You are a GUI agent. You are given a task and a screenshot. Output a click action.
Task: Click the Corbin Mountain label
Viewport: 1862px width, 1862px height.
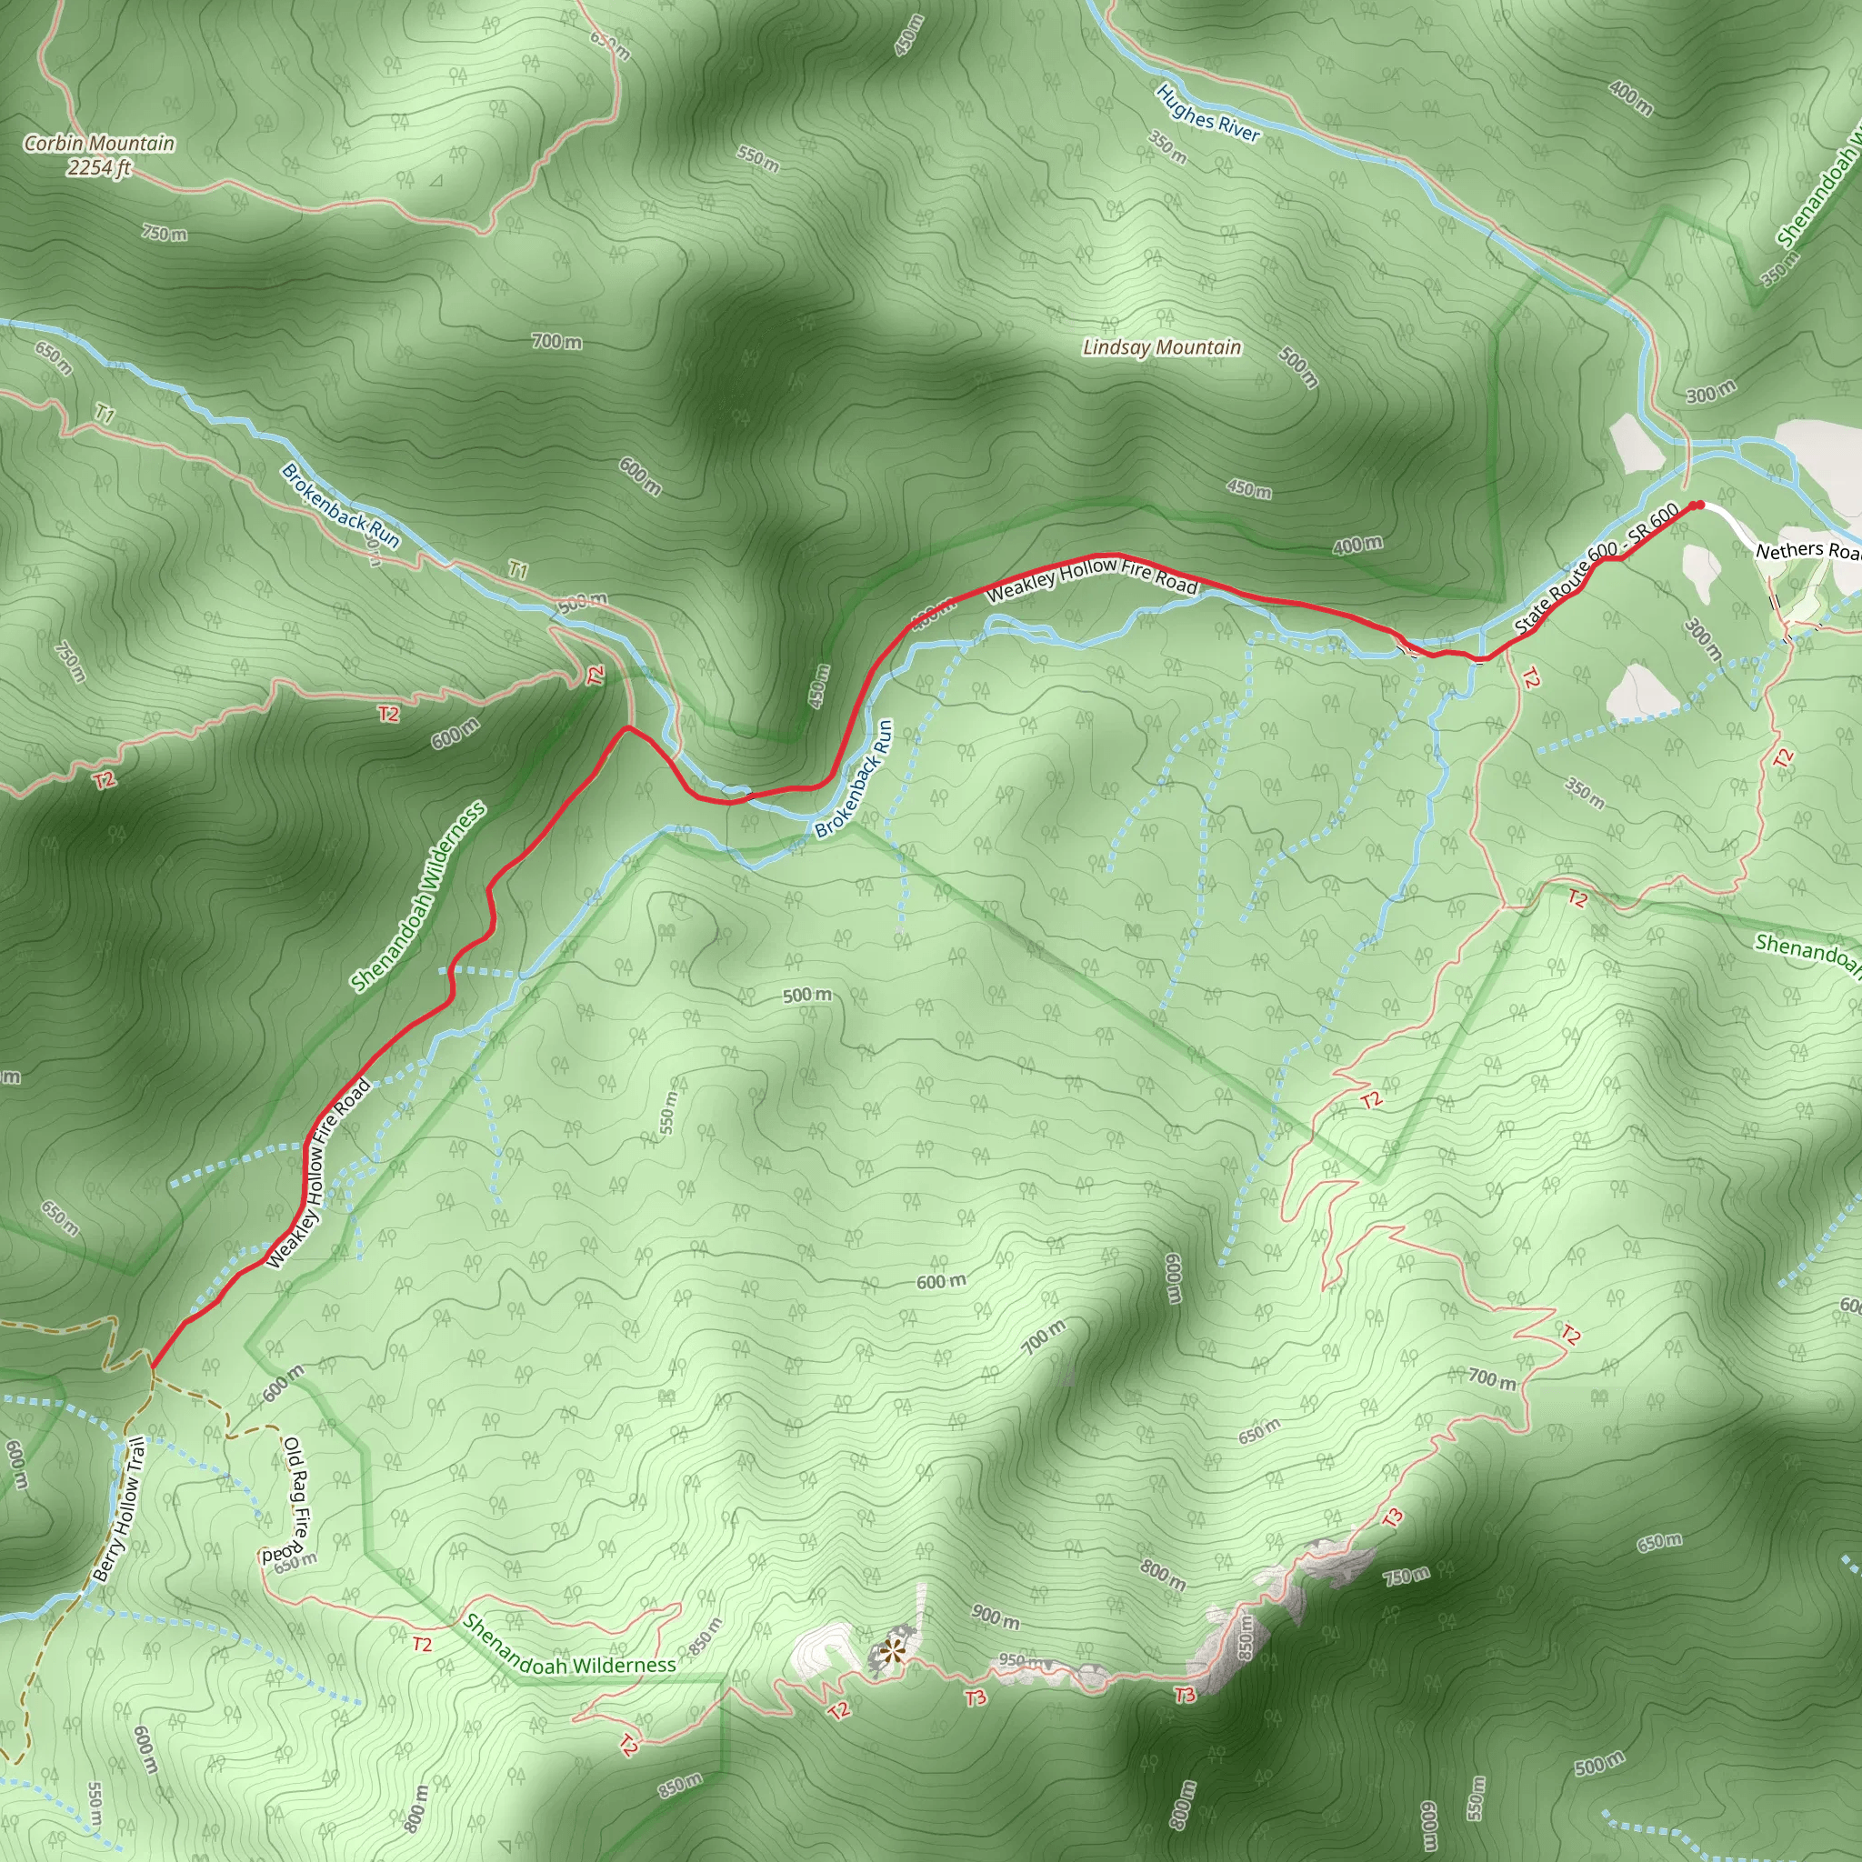[x=99, y=144]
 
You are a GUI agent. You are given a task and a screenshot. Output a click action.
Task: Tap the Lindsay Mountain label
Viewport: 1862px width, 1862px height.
[x=1161, y=347]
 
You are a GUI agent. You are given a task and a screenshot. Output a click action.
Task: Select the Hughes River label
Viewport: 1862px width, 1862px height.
[x=1207, y=114]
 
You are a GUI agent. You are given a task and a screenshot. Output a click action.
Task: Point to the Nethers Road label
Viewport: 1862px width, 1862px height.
[x=1807, y=550]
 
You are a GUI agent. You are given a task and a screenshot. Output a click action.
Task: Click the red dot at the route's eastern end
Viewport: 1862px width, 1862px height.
[x=1699, y=505]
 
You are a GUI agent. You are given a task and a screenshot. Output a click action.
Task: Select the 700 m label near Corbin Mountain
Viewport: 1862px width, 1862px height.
[x=556, y=341]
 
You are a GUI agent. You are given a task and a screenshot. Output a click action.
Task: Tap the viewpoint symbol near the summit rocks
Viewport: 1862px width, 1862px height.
[x=893, y=1651]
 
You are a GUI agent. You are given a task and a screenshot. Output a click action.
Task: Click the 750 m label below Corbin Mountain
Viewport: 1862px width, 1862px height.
[x=164, y=234]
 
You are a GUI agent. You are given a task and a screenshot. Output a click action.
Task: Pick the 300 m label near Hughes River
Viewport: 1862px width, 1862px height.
[x=1711, y=391]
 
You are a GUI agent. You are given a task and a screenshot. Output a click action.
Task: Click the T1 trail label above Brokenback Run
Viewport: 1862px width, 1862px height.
[x=517, y=571]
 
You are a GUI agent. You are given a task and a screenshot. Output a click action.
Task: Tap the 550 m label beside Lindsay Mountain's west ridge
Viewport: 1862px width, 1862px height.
[x=757, y=159]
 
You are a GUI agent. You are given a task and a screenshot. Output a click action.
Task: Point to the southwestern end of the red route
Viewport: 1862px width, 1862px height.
[x=151, y=1365]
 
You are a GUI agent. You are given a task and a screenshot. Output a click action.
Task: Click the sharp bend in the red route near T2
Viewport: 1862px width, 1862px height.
[x=627, y=726]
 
